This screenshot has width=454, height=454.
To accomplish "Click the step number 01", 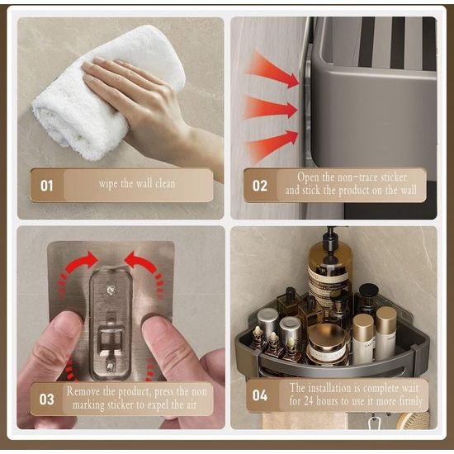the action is pyautogui.click(x=46, y=186).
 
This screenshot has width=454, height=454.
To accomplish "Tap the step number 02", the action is pyautogui.click(x=259, y=186).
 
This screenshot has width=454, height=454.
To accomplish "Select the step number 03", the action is pyautogui.click(x=46, y=400).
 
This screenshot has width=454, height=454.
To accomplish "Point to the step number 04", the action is pyautogui.click(x=259, y=395).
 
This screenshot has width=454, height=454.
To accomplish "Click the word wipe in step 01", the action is pyautogui.click(x=109, y=184).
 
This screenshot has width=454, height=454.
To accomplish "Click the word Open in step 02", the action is pyautogui.click(x=308, y=177).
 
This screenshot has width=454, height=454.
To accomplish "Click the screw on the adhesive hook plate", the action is pyautogui.click(x=111, y=290).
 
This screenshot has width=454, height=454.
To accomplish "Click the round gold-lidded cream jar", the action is pyautogui.click(x=328, y=344).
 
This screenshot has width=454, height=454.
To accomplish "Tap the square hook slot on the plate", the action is pyautogui.click(x=111, y=338).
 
